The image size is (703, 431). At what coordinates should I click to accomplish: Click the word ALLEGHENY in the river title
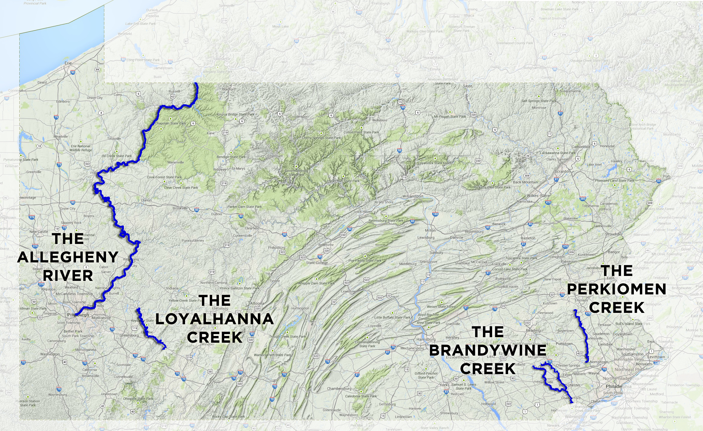click(68, 257)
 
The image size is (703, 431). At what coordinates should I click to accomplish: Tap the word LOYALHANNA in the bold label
click(215, 319)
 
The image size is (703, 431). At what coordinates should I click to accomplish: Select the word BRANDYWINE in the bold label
click(488, 350)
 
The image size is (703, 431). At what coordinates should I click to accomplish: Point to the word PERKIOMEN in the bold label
click(617, 289)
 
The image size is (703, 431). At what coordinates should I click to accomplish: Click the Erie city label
click(68, 63)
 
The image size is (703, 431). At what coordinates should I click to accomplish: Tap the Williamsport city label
click(413, 196)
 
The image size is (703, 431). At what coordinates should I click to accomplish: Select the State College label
click(317, 263)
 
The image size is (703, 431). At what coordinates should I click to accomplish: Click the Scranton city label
click(563, 171)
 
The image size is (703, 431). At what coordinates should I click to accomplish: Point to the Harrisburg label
click(426, 339)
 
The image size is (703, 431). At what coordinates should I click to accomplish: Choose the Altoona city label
click(257, 303)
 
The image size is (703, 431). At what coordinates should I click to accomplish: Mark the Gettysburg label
click(387, 404)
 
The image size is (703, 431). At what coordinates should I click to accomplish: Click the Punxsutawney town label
click(193, 241)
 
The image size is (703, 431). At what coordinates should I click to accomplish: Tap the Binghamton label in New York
click(535, 68)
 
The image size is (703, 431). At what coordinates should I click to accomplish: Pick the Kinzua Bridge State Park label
click(236, 114)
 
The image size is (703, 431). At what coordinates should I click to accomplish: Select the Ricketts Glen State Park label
click(492, 187)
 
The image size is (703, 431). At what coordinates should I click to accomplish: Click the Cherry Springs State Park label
click(321, 138)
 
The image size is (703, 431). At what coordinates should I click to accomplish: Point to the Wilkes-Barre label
click(538, 196)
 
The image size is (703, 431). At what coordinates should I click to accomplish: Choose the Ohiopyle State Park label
click(138, 399)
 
